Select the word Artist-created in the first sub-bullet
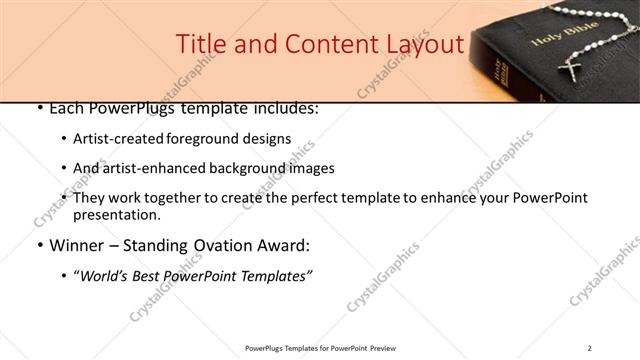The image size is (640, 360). click(x=113, y=139)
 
